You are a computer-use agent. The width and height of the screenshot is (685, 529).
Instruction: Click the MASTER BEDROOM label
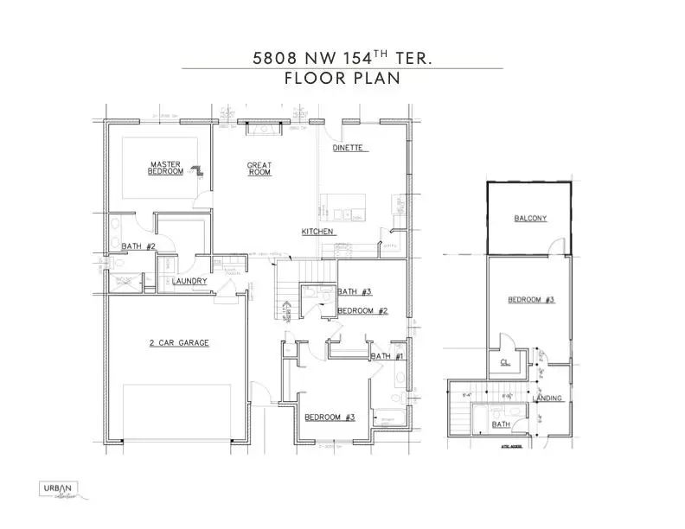click(x=166, y=168)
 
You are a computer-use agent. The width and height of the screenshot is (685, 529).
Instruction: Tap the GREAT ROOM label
click(x=259, y=169)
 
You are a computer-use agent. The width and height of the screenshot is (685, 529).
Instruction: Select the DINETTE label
click(x=350, y=149)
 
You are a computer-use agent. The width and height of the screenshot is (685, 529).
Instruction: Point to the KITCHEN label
click(x=317, y=232)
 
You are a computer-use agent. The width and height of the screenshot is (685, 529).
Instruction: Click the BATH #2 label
click(x=138, y=246)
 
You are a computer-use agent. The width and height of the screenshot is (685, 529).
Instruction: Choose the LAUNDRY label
click(x=189, y=282)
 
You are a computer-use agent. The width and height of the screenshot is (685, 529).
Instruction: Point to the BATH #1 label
click(x=387, y=356)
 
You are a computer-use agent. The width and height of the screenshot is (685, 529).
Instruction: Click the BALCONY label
click(x=530, y=219)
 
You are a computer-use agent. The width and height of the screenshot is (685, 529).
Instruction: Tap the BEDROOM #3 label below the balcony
click(x=530, y=300)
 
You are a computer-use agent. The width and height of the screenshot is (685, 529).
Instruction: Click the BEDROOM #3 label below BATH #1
click(x=330, y=417)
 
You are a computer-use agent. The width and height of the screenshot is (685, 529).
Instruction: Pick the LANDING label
click(x=547, y=398)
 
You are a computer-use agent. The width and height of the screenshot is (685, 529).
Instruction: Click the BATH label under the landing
click(x=501, y=424)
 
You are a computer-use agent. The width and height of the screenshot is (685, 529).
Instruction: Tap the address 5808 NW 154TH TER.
click(x=342, y=58)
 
